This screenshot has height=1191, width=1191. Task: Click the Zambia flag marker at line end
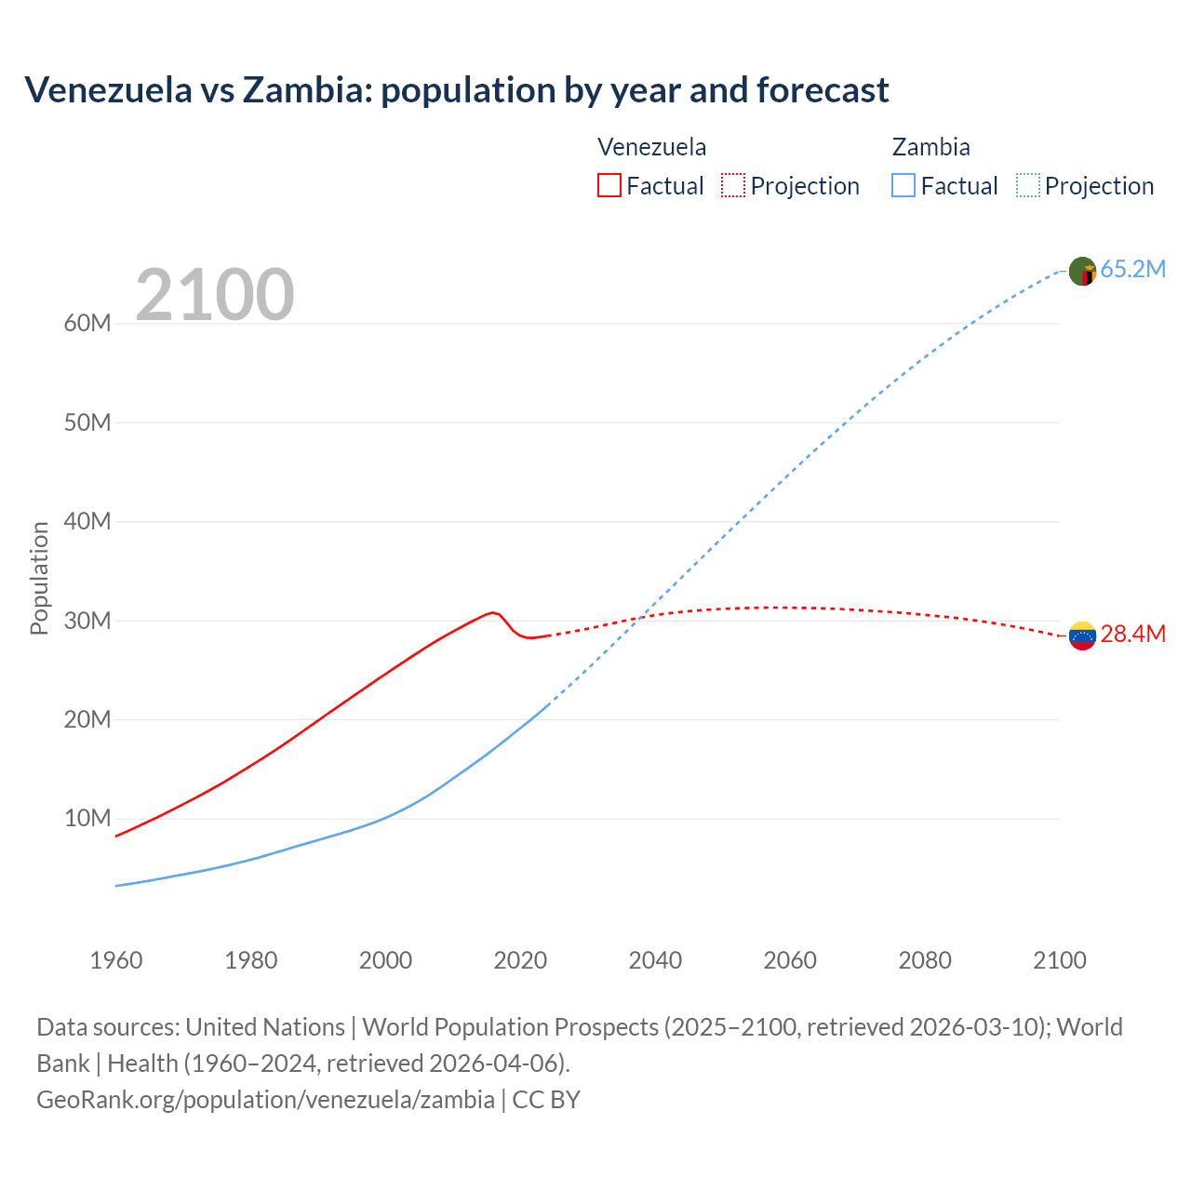(1082, 271)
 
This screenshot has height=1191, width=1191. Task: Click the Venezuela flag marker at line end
(1082, 636)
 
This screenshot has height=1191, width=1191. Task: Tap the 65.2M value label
(1132, 269)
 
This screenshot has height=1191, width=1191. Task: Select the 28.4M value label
(1132, 634)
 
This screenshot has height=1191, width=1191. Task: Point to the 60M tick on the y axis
(87, 323)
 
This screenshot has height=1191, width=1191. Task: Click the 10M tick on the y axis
(87, 818)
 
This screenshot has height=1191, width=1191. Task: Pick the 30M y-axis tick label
(87, 621)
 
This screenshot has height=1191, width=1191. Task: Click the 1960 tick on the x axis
(116, 960)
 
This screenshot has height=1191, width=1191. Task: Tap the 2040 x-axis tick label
(655, 960)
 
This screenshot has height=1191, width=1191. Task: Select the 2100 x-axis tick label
(1059, 960)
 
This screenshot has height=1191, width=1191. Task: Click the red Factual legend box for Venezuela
(609, 185)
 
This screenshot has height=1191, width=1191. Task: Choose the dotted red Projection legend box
(733, 185)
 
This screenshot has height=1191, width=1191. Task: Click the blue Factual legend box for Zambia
(903, 185)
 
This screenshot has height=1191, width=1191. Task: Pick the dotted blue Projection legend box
(1027, 185)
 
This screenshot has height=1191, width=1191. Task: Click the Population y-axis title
(39, 578)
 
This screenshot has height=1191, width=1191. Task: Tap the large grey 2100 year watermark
(214, 295)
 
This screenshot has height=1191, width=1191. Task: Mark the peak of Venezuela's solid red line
(492, 612)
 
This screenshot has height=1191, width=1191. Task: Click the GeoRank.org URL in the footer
(265, 1099)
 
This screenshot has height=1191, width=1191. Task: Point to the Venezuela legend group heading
(651, 147)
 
